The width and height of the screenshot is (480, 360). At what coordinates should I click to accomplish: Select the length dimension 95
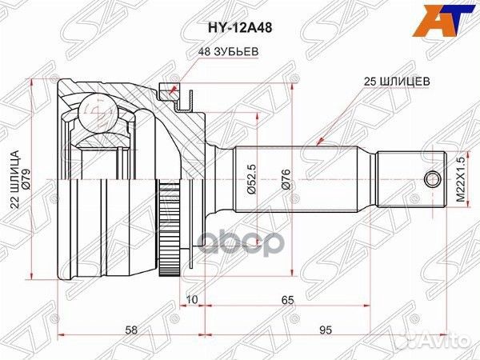click(326, 329)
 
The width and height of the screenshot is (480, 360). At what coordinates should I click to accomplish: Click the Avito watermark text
click(444, 342)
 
